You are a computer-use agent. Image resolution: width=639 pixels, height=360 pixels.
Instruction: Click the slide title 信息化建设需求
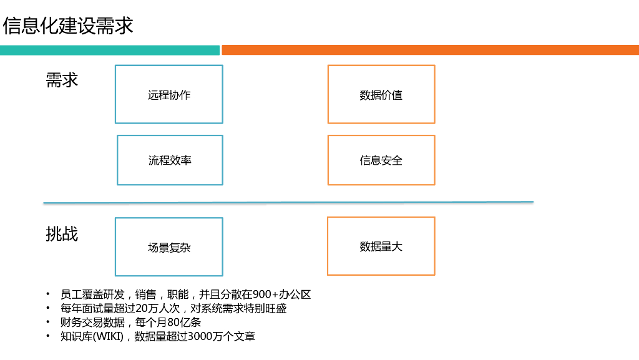(x=68, y=26)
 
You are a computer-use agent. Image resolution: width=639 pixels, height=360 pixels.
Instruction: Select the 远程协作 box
(x=169, y=95)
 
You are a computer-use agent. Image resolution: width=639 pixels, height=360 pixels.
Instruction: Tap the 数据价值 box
(x=381, y=95)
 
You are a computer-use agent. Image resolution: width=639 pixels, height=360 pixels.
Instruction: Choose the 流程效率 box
(x=170, y=160)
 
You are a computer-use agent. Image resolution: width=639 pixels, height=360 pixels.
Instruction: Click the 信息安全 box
(x=381, y=160)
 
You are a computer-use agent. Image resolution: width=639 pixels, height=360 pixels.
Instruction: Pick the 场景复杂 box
(x=169, y=247)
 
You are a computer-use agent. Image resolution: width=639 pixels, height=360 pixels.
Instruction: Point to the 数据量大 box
(x=381, y=246)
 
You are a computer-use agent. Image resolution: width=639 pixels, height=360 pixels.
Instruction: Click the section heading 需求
(x=62, y=80)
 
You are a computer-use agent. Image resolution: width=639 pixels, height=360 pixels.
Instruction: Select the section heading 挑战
(x=62, y=234)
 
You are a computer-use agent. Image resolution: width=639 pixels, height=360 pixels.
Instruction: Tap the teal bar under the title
(x=110, y=50)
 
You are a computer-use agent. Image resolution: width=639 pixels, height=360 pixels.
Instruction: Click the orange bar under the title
(x=430, y=50)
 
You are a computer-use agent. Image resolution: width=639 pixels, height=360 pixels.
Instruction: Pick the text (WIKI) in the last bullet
(x=109, y=336)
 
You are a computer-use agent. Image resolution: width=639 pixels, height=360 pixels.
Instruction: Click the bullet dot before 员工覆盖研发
(x=48, y=294)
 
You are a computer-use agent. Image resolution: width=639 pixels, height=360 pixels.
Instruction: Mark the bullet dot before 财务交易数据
(x=48, y=323)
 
